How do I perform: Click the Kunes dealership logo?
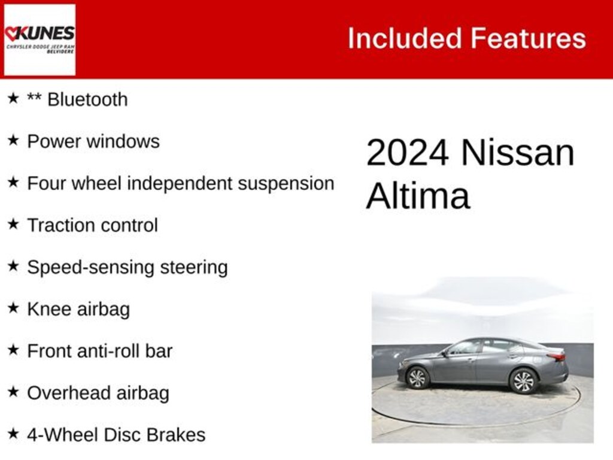click(x=40, y=40)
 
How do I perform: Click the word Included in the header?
click(x=404, y=38)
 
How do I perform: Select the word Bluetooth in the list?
click(x=87, y=99)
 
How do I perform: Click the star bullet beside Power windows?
click(x=13, y=141)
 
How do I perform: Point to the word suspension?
click(x=286, y=183)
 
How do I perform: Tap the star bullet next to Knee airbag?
click(x=13, y=308)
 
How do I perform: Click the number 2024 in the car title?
click(x=407, y=153)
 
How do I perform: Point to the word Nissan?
click(x=517, y=153)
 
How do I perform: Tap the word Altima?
click(x=418, y=195)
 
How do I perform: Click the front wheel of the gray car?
click(x=417, y=377)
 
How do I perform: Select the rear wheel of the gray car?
click(x=523, y=380)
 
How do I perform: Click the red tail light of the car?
click(x=557, y=357)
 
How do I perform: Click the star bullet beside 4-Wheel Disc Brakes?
click(x=13, y=434)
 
